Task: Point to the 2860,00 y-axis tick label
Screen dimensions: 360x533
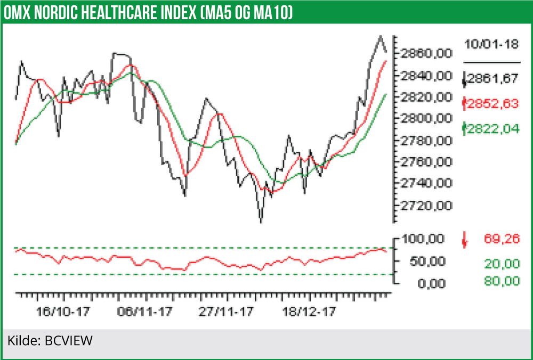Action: tap(421, 54)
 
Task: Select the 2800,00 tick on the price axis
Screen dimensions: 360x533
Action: tap(421, 118)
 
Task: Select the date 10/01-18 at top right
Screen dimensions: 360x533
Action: tap(491, 45)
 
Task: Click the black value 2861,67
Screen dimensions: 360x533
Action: tap(491, 79)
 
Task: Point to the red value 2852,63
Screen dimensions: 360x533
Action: tap(491, 104)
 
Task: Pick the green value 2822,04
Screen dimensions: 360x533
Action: tap(491, 128)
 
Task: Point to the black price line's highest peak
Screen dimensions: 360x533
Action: tap(380, 36)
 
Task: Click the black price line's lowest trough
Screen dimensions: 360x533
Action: tap(261, 222)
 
